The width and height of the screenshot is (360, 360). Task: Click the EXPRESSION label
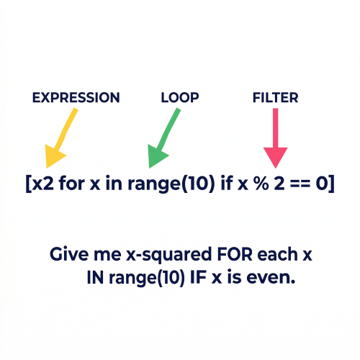(76, 98)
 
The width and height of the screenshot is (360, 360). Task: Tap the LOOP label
(180, 98)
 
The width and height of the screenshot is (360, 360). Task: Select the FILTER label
(275, 98)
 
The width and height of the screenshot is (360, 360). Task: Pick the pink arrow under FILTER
(276, 138)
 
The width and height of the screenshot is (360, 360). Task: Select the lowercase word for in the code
(72, 184)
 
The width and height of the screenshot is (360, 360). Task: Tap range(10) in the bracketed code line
(171, 184)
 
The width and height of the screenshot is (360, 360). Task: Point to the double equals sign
(300, 184)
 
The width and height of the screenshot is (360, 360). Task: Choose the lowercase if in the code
(226, 183)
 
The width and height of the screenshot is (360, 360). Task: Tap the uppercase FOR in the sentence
(235, 254)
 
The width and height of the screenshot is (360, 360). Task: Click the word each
(277, 254)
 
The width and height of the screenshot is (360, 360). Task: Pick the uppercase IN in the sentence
(95, 277)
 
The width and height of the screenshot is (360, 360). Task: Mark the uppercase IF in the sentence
(199, 277)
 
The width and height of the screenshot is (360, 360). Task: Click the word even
(271, 279)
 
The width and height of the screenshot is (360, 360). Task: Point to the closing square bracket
(331, 184)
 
